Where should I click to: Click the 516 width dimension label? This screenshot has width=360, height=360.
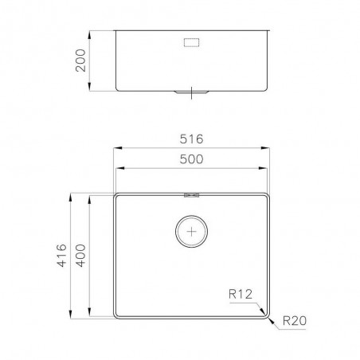click(x=191, y=139)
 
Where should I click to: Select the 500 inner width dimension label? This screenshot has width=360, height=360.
click(x=191, y=159)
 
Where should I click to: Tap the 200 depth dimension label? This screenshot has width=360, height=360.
click(x=80, y=61)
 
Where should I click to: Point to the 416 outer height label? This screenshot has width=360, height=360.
click(x=61, y=256)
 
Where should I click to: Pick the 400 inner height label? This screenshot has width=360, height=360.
click(x=80, y=256)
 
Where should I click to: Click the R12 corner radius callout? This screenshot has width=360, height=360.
click(x=241, y=294)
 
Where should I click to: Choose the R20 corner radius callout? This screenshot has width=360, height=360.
click(x=295, y=321)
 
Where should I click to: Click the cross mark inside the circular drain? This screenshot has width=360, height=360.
click(x=191, y=232)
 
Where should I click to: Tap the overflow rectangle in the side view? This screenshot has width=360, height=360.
click(x=191, y=42)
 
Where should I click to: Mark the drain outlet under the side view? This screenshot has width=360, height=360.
click(x=191, y=92)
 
